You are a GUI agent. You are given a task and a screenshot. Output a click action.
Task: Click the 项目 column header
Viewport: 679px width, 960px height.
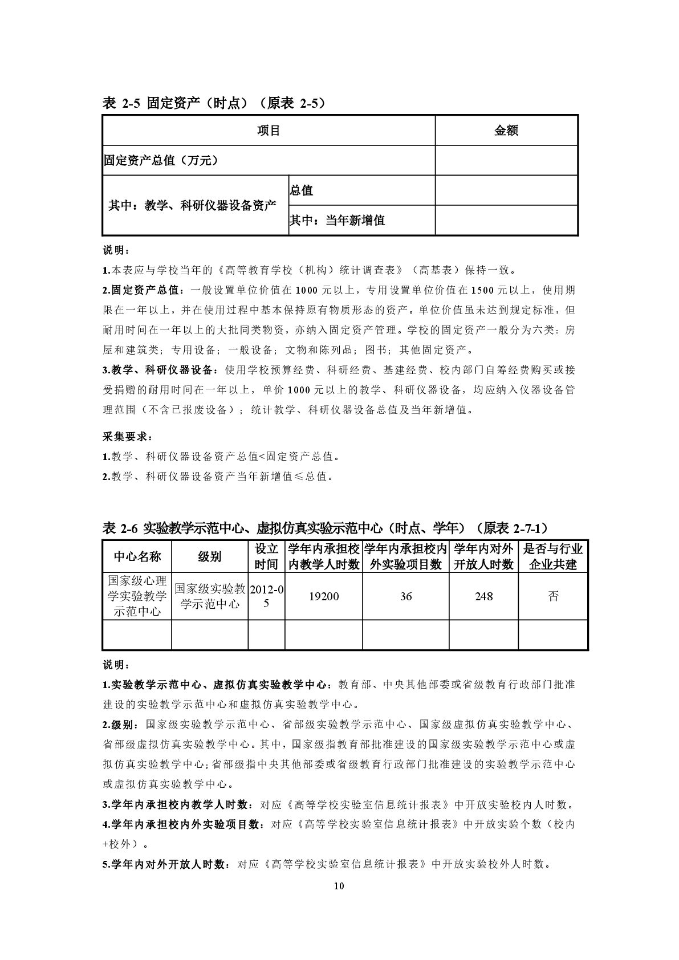pyautogui.click(x=269, y=131)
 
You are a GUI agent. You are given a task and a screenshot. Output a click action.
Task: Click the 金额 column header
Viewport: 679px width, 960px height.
pyautogui.click(x=506, y=131)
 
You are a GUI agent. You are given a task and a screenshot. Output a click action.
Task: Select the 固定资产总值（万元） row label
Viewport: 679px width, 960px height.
pyautogui.click(x=161, y=161)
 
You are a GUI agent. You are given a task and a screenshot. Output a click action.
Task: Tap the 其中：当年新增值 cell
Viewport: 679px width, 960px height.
pyautogui.click(x=338, y=221)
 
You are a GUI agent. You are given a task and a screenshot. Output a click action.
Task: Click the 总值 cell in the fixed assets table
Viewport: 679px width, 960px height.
pyautogui.click(x=302, y=191)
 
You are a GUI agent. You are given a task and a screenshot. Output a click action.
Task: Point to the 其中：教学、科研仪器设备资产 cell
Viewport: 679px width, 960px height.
pyautogui.click(x=193, y=206)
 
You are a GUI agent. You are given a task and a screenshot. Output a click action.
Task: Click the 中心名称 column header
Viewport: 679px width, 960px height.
pyautogui.click(x=137, y=556)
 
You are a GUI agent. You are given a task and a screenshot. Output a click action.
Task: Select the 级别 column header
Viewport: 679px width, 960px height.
pyautogui.click(x=210, y=556)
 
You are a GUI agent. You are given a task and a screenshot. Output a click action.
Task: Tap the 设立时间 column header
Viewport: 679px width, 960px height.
pyautogui.click(x=266, y=556)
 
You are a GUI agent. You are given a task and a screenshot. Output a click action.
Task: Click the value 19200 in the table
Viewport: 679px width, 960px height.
pyautogui.click(x=323, y=596)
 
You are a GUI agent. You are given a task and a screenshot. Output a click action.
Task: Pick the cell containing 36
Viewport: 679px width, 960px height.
pyautogui.click(x=405, y=596)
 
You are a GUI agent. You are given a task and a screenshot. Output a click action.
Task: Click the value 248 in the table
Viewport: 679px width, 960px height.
pyautogui.click(x=483, y=596)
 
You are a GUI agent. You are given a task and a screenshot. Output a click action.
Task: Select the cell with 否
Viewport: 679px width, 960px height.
pyautogui.click(x=552, y=596)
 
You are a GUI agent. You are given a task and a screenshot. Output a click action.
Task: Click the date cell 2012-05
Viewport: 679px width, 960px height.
pyautogui.click(x=266, y=596)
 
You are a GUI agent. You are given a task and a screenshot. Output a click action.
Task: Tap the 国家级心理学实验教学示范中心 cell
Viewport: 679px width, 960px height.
pyautogui.click(x=137, y=596)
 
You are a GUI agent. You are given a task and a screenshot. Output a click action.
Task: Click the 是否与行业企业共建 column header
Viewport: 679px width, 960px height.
pyautogui.click(x=552, y=556)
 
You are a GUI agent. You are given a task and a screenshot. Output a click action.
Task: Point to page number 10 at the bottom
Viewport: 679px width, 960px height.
pyautogui.click(x=339, y=886)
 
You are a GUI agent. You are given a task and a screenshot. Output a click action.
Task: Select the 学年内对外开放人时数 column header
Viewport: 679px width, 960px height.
pyautogui.click(x=483, y=556)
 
